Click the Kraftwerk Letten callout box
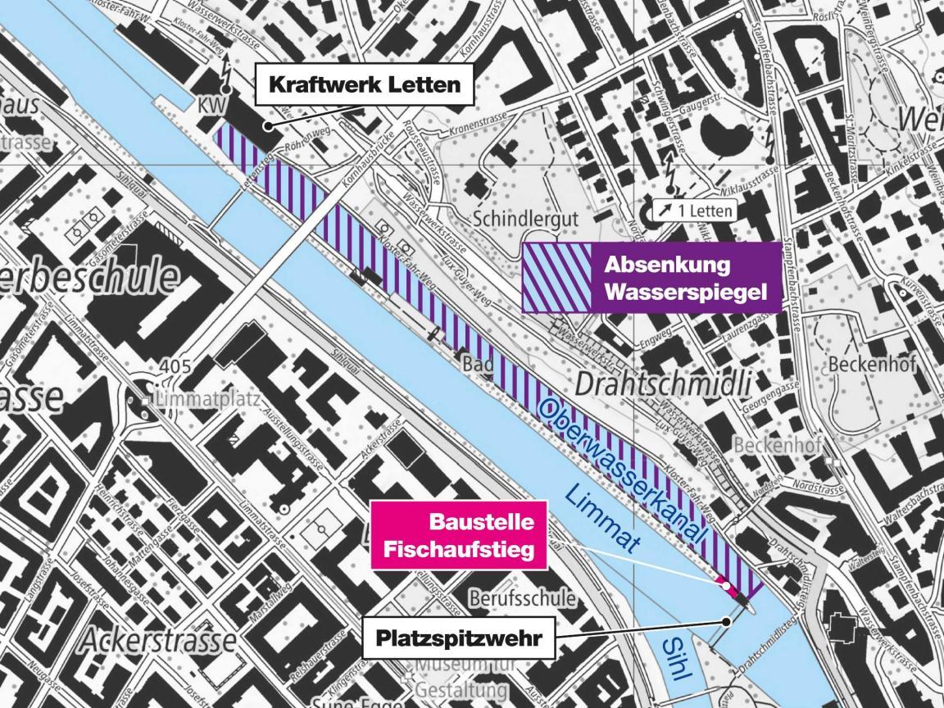tap(365, 84)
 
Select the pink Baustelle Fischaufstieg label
tap(459, 534)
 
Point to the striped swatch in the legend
tap(556, 279)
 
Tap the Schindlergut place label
tap(527, 219)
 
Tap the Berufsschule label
tap(521, 597)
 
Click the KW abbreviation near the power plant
tap(211, 107)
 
